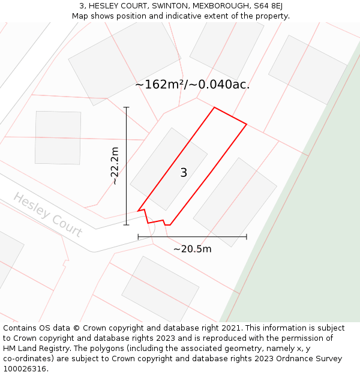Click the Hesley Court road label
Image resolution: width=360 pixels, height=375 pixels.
(47, 214)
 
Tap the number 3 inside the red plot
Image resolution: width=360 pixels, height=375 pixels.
(184, 173)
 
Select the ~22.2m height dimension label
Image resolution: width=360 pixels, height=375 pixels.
(115, 166)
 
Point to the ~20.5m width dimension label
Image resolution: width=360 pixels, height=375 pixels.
(192, 249)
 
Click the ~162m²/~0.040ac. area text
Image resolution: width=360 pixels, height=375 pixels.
(192, 85)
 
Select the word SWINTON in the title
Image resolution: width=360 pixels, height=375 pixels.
(170, 6)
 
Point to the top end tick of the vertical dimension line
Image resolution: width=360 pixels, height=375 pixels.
(126, 107)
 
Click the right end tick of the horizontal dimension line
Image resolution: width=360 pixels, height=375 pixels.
(247, 236)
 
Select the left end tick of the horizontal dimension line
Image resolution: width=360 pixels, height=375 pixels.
(138, 236)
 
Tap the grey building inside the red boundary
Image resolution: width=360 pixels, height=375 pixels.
(169, 169)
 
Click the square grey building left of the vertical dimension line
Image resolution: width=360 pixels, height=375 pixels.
(58, 137)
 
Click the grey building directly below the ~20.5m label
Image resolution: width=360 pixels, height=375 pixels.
(160, 289)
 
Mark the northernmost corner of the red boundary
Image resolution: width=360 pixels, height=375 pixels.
(214, 107)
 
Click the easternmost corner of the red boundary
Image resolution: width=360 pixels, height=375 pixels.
(247, 124)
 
